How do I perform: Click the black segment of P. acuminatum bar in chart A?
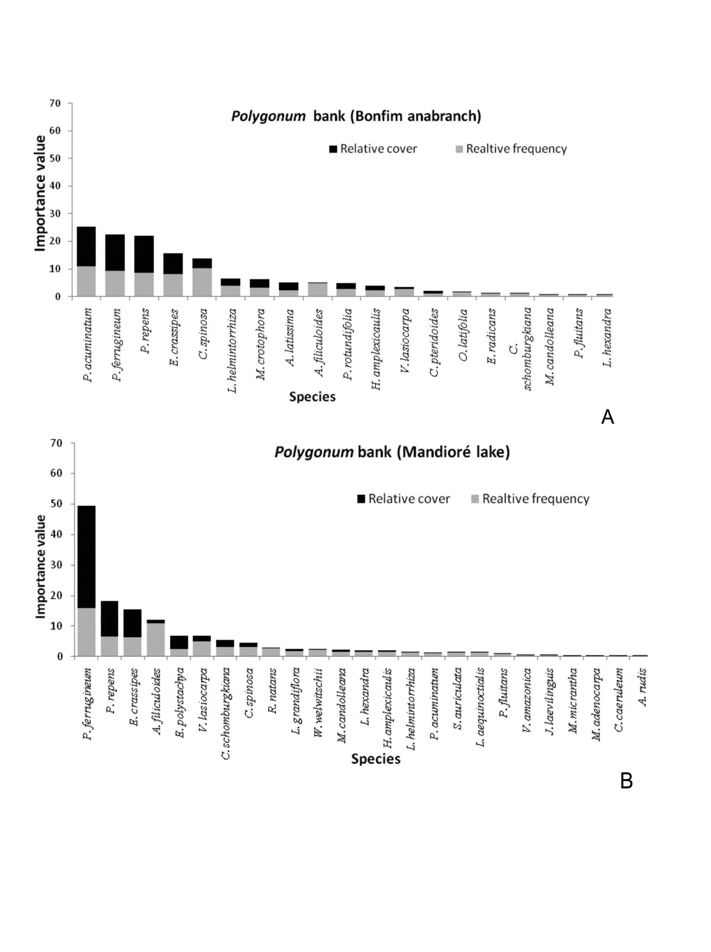(x=86, y=246)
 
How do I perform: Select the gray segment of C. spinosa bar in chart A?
(x=202, y=282)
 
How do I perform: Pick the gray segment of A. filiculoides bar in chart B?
(x=156, y=639)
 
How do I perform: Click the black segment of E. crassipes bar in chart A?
(x=173, y=263)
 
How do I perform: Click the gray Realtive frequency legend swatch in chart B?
(x=475, y=499)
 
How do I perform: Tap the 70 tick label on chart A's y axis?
(x=55, y=103)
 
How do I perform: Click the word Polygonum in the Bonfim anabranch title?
(x=268, y=116)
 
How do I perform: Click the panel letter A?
(x=607, y=417)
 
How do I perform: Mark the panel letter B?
(x=626, y=781)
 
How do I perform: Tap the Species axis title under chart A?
(x=312, y=397)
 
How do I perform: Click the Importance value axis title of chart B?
(x=40, y=566)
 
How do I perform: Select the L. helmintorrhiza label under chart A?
(x=231, y=351)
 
